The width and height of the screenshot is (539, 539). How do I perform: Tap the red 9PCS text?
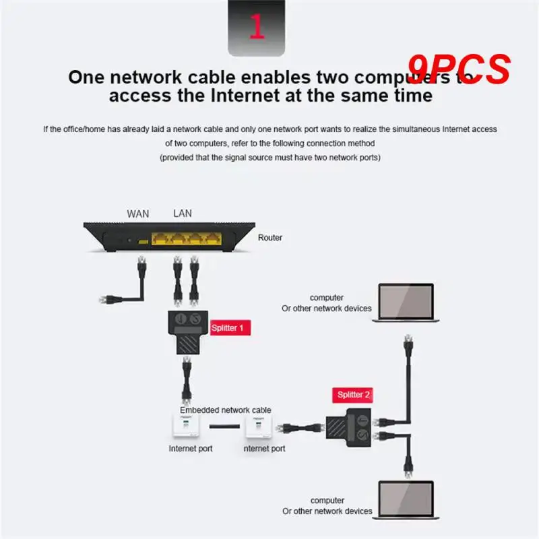click(459, 69)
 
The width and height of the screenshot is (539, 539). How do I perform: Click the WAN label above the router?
click(138, 214)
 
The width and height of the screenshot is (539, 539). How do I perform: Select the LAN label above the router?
click(183, 213)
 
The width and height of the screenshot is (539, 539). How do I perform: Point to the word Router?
click(270, 238)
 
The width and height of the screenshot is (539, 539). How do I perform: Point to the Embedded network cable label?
click(225, 410)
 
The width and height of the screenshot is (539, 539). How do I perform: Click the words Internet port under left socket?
click(191, 448)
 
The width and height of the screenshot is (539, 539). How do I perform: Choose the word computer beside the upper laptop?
click(327, 297)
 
